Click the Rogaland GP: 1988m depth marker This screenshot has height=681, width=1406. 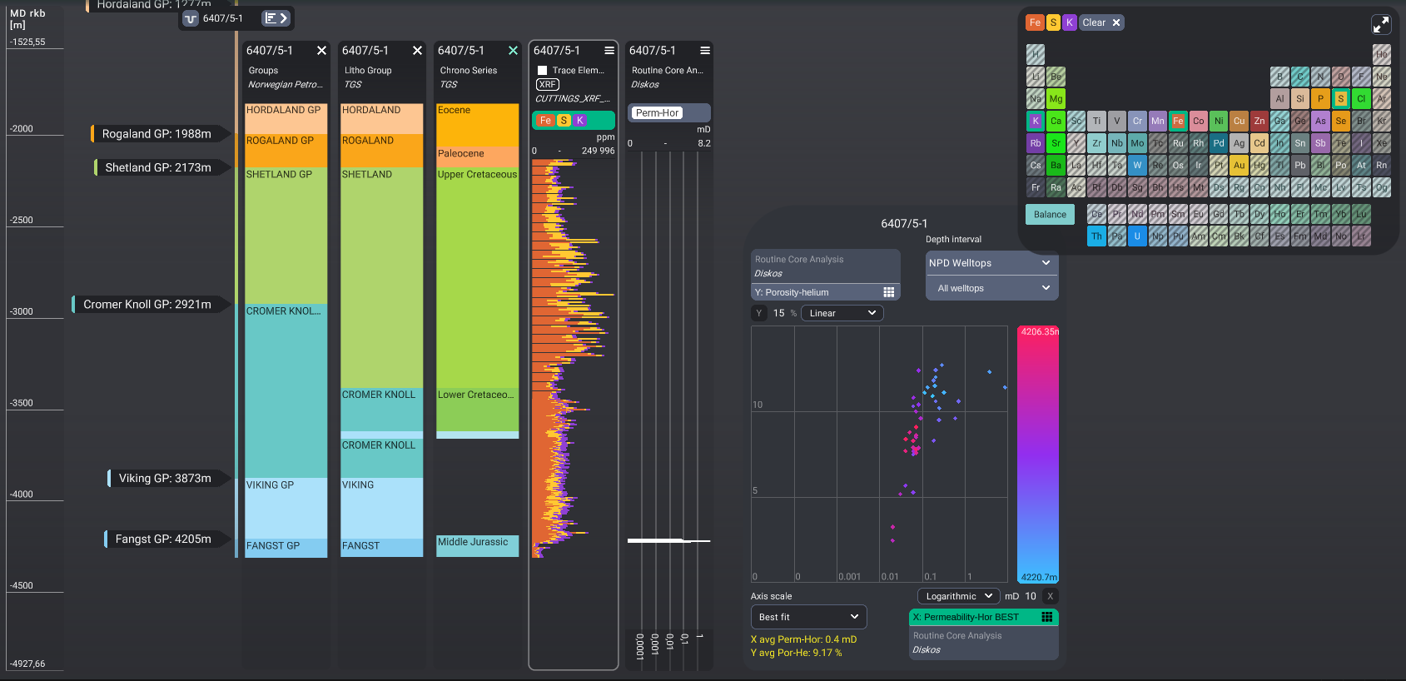pyautogui.click(x=156, y=134)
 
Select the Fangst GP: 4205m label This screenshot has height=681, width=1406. pyautogui.click(x=162, y=539)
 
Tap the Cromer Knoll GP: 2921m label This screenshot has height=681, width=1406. pyautogui.click(x=147, y=305)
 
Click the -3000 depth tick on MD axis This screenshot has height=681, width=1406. pyautogui.click(x=22, y=311)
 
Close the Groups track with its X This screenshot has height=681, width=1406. pyautogui.click(x=321, y=51)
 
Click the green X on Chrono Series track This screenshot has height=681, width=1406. pyautogui.click(x=513, y=51)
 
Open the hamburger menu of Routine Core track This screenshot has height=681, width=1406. pyautogui.click(x=705, y=51)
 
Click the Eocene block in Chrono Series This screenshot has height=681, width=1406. pyautogui.click(x=477, y=125)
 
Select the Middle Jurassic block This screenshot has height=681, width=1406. pyautogui.click(x=477, y=545)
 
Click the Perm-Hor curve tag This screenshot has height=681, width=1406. pyautogui.click(x=657, y=113)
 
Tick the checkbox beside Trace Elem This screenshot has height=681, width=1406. pyautogui.click(x=543, y=71)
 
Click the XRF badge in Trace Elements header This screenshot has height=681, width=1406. pyautogui.click(x=547, y=85)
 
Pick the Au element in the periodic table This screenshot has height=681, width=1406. pyautogui.click(x=1239, y=166)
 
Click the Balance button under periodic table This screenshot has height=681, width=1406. pyautogui.click(x=1050, y=215)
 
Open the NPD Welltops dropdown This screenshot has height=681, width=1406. pyautogui.click(x=991, y=263)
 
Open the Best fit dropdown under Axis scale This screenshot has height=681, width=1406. pyautogui.click(x=807, y=617)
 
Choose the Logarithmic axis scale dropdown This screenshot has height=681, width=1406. pyautogui.click(x=958, y=596)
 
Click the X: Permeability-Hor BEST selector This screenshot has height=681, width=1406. pyautogui.click(x=982, y=617)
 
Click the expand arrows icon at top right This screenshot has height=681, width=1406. pyautogui.click(x=1380, y=24)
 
